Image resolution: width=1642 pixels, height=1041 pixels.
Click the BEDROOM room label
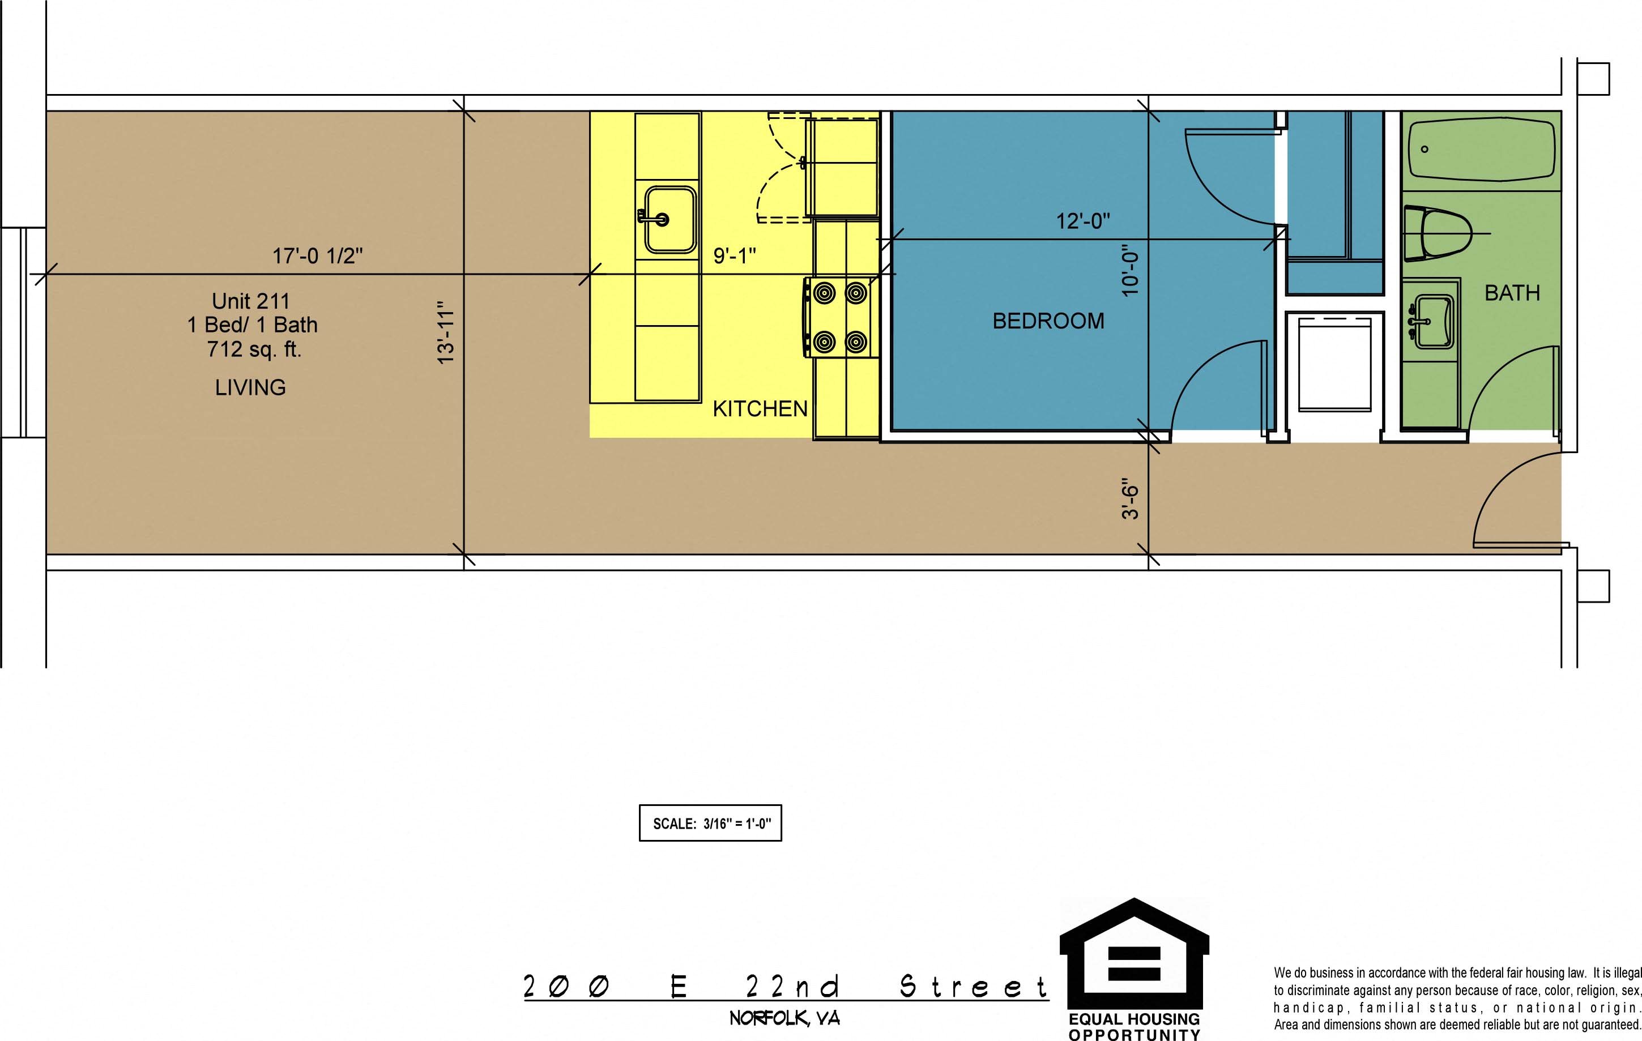(x=1048, y=321)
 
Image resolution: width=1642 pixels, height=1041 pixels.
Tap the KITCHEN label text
(x=760, y=409)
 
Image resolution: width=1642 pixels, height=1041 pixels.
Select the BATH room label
(x=1512, y=293)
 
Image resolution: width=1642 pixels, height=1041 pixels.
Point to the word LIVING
(x=250, y=387)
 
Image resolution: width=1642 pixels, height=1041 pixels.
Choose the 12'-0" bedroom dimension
(x=1083, y=221)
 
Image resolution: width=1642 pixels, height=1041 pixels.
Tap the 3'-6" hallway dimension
(x=1130, y=498)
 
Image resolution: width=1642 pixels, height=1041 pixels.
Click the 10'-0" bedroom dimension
(x=1130, y=271)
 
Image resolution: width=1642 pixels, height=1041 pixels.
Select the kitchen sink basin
(x=669, y=220)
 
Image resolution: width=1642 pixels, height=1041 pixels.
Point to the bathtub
(x=1482, y=151)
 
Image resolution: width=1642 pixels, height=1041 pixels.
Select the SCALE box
(x=710, y=823)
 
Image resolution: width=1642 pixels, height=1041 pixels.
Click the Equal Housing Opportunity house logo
(x=1134, y=954)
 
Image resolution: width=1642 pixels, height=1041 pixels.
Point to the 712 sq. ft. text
(x=254, y=349)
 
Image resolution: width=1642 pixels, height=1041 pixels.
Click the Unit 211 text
(x=251, y=301)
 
